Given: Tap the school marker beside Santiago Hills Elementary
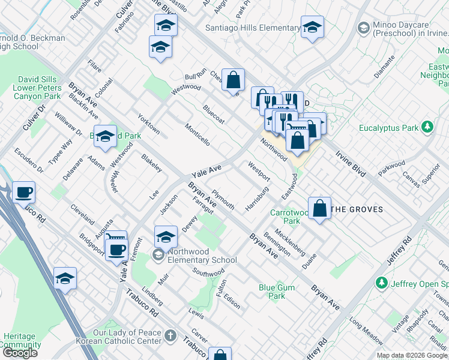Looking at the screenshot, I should tap(312, 28).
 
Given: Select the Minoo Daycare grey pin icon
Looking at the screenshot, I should tap(363, 28).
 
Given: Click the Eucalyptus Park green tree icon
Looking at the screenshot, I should tap(427, 127).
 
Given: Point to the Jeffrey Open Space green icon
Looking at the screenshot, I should tap(381, 283).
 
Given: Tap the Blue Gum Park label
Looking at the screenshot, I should tap(277, 292).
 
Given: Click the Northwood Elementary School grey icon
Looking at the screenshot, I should tap(158, 256).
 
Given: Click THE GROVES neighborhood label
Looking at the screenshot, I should tap(357, 209).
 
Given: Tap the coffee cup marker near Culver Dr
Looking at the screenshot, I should tap(24, 193).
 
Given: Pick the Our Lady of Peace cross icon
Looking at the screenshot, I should tap(170, 335).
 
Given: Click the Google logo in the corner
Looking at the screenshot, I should tap(20, 353).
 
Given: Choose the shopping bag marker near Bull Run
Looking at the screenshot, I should tap(233, 80).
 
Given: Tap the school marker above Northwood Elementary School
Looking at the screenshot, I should tap(166, 236).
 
